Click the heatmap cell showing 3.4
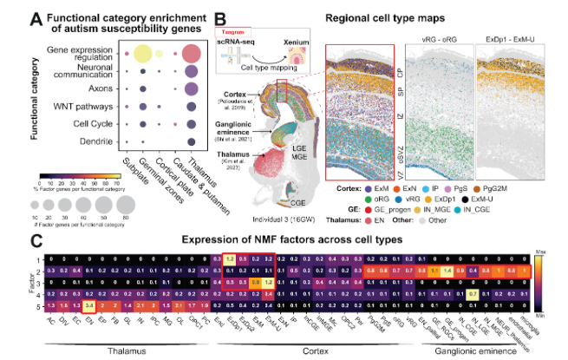point(88,304)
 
